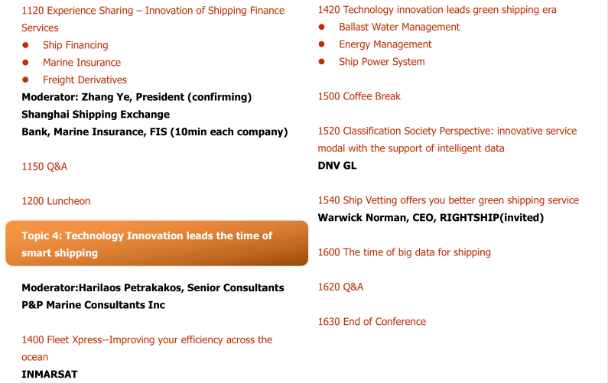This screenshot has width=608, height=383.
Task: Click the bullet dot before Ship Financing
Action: tap(25, 45)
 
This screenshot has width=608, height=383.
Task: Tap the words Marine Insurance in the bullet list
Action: tap(82, 63)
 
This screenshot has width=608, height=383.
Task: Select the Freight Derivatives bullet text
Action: tap(85, 80)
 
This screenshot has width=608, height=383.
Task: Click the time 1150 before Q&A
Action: tap(33, 167)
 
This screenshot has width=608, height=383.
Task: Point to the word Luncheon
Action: tap(69, 201)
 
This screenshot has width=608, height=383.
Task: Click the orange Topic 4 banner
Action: tap(157, 243)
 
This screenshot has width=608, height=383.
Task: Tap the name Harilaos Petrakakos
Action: tap(132, 287)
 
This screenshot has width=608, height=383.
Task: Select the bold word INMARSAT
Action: tap(50, 375)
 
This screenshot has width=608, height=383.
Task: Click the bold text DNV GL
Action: tap(337, 166)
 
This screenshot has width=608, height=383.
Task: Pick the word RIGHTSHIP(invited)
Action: tap(492, 218)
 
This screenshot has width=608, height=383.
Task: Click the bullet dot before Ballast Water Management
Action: tap(321, 27)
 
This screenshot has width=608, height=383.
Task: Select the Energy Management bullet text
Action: tap(385, 44)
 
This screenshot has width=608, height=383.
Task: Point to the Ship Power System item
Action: tap(382, 62)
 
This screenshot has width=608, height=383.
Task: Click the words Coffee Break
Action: tap(372, 96)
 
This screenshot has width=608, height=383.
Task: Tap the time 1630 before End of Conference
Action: tap(329, 322)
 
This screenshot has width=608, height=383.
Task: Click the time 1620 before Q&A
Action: tap(329, 287)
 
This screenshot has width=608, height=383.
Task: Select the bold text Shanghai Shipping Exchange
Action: tap(96, 115)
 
